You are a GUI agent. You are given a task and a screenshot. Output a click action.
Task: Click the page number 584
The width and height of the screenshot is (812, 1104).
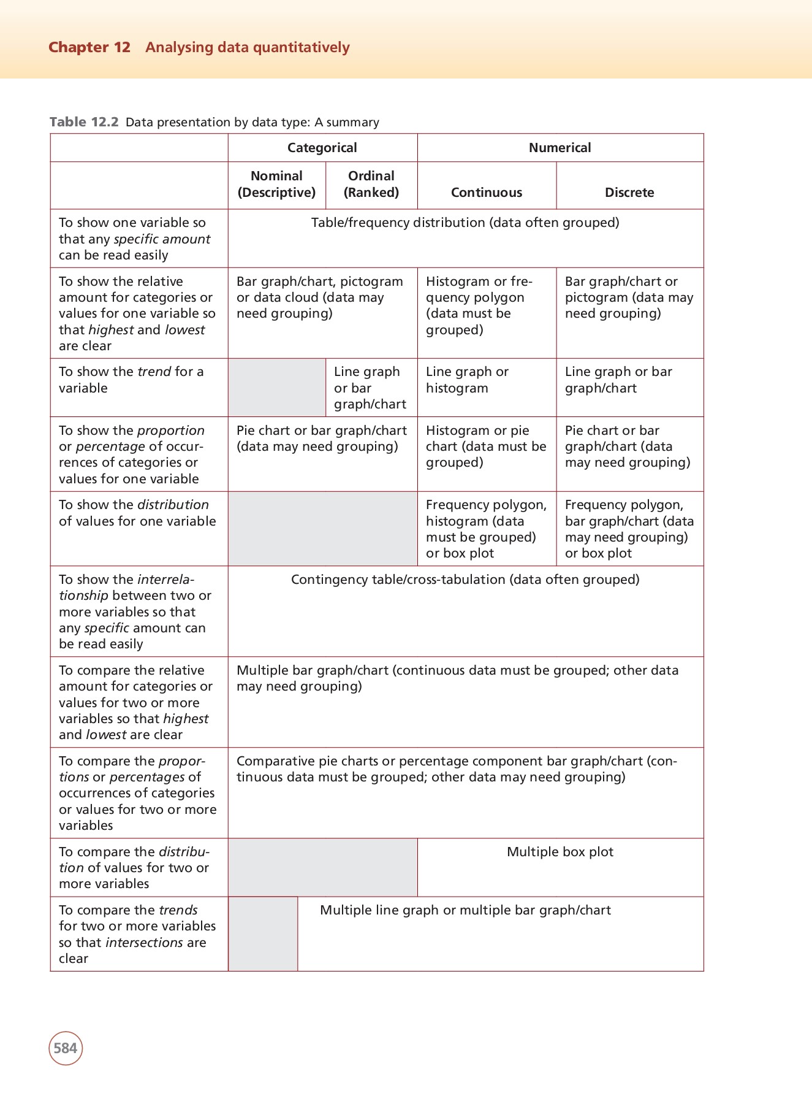pos(66,1048)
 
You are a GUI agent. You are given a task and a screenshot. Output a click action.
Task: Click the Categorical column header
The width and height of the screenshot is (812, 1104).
pos(322,148)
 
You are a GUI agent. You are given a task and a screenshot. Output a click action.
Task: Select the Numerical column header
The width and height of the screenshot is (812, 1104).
pos(560,148)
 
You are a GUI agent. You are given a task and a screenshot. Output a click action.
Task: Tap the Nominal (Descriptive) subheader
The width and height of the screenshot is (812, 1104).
pos(276,184)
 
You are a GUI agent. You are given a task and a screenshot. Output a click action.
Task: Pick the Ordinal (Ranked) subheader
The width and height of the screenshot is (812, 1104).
pos(371,184)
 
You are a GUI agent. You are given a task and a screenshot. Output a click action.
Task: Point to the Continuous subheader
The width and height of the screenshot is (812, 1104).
pos(487,193)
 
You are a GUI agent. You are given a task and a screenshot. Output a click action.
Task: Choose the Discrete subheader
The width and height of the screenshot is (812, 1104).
pos(629,193)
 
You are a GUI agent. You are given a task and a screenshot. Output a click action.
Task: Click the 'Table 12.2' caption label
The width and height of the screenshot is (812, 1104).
pos(84,122)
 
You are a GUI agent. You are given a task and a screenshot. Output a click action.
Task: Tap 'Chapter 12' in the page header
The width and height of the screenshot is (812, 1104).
pos(89,47)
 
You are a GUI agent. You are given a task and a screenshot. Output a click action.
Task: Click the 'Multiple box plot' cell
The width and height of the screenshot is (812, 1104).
pos(560,852)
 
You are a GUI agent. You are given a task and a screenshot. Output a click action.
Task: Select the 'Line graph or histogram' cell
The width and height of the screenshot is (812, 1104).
pos(467,380)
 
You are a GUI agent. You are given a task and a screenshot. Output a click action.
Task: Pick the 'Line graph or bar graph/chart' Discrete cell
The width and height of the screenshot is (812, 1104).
pos(618,380)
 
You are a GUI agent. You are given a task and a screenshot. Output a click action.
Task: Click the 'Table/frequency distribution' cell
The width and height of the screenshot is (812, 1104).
pos(465,223)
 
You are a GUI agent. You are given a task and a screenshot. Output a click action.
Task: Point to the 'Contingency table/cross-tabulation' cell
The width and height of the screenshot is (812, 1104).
pos(465,580)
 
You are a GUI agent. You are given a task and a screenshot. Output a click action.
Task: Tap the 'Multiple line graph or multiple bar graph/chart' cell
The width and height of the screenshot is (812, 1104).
pos(465,910)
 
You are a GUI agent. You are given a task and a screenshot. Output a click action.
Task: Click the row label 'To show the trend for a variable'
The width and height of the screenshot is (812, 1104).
pos(131,380)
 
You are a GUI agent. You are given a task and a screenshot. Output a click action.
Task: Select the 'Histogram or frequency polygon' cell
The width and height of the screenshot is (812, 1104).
pos(479,305)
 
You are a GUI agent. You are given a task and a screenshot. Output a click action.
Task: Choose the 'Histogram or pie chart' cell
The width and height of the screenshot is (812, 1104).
pos(485,447)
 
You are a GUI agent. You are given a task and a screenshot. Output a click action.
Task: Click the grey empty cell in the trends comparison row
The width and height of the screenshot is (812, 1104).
pos(263,933)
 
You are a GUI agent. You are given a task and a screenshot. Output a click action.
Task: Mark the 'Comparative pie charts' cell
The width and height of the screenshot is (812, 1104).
pos(457,769)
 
